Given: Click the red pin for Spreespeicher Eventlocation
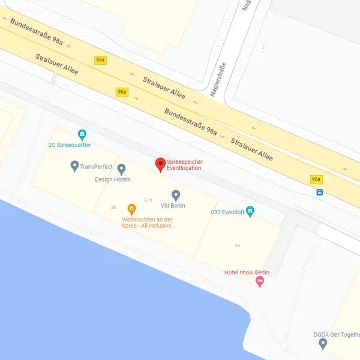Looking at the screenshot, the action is coord(160,164).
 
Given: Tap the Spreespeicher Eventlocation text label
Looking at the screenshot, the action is coord(184,165).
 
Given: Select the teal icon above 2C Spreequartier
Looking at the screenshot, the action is coord(82,134).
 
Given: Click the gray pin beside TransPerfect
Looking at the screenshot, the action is coord(74,165).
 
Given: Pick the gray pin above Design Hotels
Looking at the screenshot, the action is coord(121,169).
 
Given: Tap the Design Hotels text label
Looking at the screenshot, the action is coord(113,179).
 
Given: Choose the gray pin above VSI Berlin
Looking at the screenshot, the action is coord(176,195).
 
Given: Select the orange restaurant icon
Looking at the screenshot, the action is coord(131,209).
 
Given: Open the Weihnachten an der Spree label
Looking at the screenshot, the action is coord(148,223).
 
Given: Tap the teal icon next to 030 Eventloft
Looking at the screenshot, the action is coord(251,211).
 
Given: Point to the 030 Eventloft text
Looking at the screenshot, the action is coord(228,211).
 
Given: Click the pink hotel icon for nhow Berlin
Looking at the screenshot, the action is coord(260,283).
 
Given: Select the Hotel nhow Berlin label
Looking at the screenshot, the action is coord(247,272).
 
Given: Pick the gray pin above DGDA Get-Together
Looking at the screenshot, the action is coord(323,343).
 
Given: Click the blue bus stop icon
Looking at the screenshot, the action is coord(320,193).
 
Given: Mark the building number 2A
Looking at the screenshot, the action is coord(238,245).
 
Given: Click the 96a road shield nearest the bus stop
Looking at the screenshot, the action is coord(316,179).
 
